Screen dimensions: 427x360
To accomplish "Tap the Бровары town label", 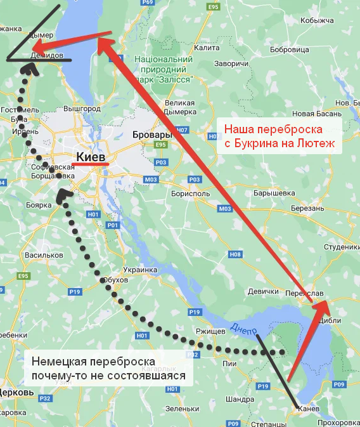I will [x=153, y=135].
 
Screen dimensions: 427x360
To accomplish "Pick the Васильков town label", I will [x=42, y=255].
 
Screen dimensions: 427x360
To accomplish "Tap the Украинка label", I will [x=140, y=270].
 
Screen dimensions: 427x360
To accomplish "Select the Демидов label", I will [x=46, y=56].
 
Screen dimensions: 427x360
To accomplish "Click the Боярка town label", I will [x=39, y=206].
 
